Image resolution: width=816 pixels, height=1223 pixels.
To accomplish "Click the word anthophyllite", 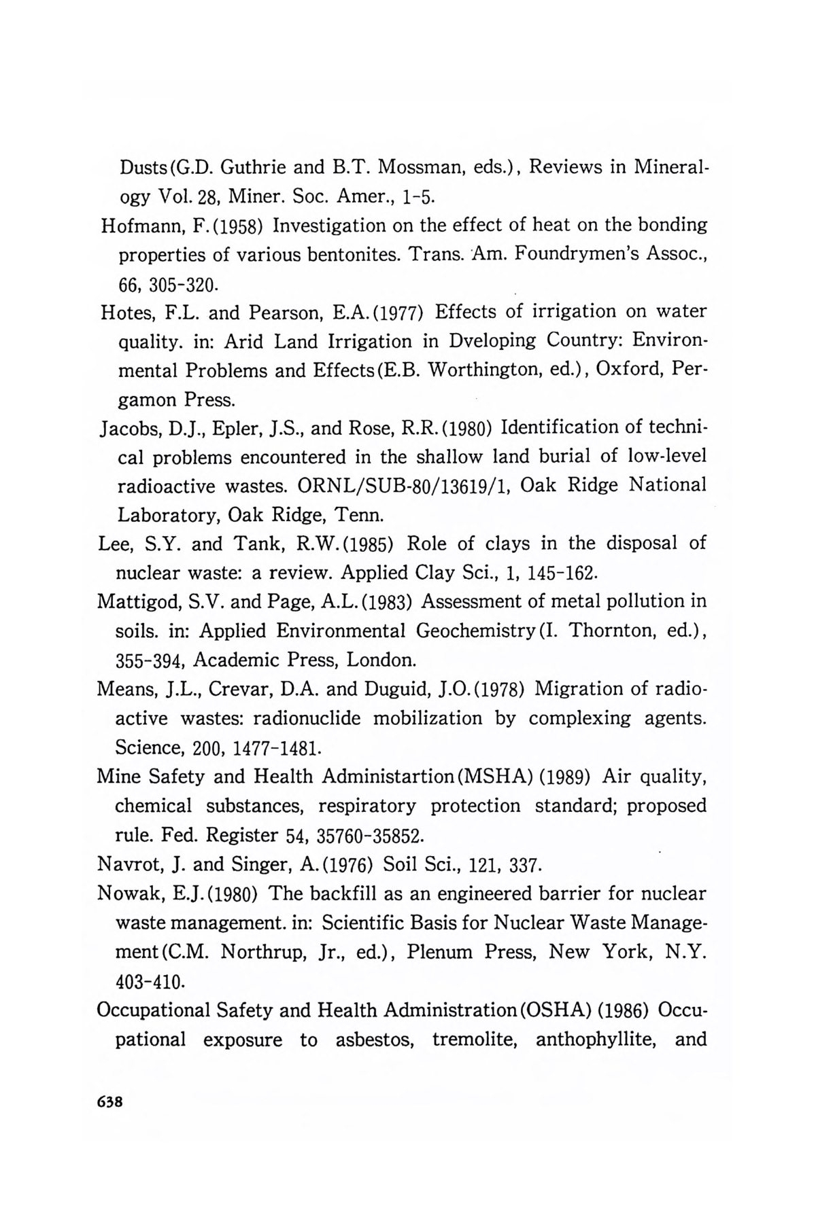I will click(x=597, y=1039).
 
